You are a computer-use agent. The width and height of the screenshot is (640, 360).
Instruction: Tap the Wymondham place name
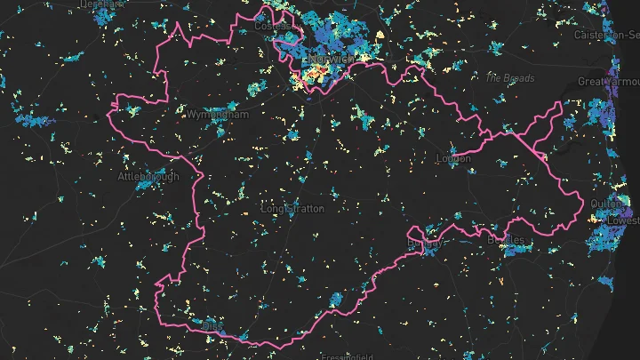[x=218, y=115]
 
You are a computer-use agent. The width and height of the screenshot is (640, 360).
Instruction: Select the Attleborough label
[x=148, y=177]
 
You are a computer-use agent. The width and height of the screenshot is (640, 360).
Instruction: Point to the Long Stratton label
[x=292, y=209]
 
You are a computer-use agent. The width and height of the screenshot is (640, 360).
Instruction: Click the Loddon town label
[x=453, y=159]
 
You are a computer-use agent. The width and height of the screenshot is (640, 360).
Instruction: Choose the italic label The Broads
[x=509, y=78]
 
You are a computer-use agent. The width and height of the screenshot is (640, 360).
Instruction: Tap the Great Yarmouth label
[x=608, y=82]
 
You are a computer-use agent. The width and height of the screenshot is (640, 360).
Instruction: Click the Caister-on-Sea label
[x=607, y=34]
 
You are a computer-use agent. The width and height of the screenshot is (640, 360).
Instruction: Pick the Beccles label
[x=505, y=240]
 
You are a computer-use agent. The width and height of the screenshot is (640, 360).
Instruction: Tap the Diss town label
[x=213, y=326]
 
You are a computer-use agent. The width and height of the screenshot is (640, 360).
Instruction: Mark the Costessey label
[x=272, y=27]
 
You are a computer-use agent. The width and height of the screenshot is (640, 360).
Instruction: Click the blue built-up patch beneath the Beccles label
[x=513, y=252]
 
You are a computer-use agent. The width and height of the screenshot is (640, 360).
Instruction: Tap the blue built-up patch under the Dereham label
[x=105, y=17]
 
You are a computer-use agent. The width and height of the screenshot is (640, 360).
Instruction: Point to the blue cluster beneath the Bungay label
[x=432, y=251]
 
